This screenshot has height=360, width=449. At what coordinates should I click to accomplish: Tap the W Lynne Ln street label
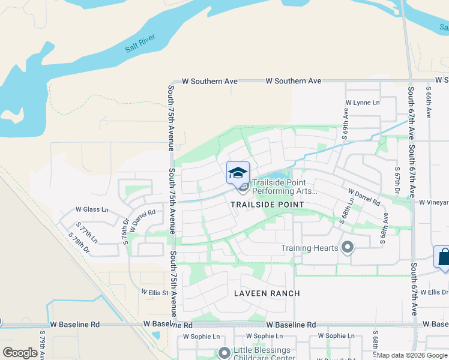364,103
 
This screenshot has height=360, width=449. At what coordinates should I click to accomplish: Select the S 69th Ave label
346,124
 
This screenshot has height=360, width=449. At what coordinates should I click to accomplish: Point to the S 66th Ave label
429,104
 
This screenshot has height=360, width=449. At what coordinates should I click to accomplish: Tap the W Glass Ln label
92,209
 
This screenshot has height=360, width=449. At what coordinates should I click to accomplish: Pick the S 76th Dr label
125,230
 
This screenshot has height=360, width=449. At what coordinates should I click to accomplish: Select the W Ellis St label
155,292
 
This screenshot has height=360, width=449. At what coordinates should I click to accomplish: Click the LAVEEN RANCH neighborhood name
268,293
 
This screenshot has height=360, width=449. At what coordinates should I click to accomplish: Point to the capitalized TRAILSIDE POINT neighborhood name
268,205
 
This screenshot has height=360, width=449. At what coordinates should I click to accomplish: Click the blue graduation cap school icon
238,172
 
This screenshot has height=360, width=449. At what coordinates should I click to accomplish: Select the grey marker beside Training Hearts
347,247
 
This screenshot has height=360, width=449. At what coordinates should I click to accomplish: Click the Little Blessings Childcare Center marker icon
224,353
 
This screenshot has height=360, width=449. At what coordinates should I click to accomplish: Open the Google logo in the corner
20,353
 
